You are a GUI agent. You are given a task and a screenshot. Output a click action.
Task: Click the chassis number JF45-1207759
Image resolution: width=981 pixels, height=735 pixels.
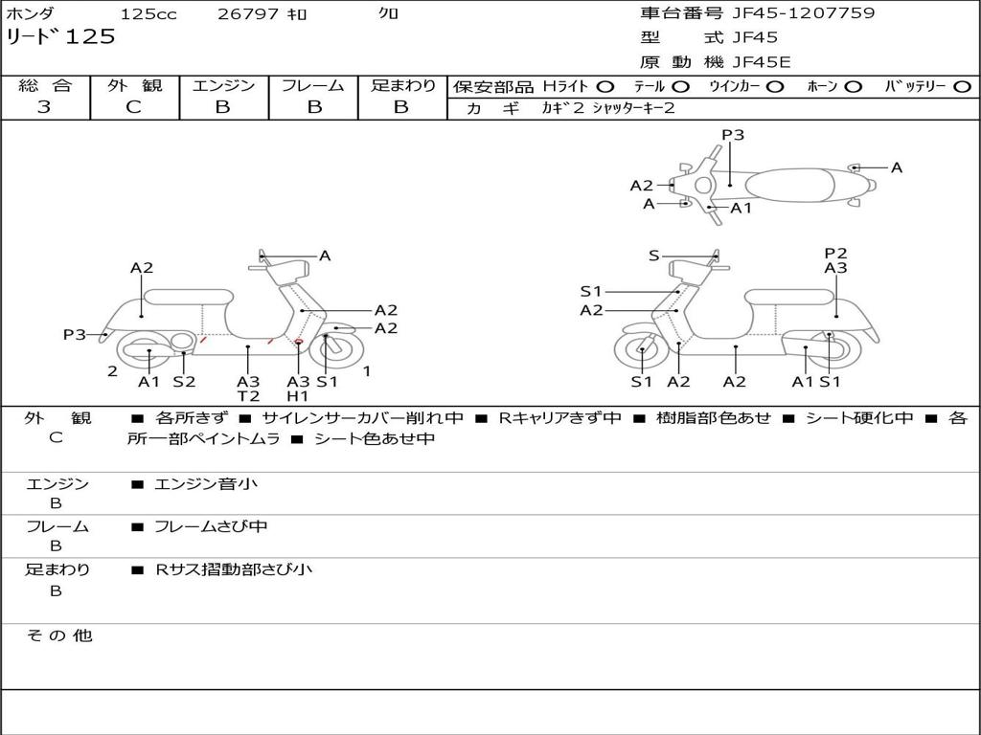pos(804,13)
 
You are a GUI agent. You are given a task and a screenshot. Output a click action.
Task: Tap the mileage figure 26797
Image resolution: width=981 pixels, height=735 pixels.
pos(248,13)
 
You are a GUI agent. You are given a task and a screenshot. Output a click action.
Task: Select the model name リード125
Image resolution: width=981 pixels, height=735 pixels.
pos(60,36)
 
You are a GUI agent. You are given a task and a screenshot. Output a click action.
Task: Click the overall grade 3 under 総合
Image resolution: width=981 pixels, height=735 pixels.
pos(44,107)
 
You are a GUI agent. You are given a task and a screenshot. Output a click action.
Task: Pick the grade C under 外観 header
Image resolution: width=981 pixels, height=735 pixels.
pos(133,107)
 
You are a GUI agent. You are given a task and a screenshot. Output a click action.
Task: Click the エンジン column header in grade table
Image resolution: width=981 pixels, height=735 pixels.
pos(223,85)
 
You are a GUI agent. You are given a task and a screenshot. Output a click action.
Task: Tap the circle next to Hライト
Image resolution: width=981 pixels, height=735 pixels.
pos(605,87)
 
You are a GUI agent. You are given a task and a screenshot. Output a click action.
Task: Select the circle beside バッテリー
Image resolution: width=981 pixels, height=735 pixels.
pos(962,87)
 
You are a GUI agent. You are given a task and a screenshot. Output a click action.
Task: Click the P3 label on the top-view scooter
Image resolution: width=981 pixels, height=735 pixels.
pos(733,134)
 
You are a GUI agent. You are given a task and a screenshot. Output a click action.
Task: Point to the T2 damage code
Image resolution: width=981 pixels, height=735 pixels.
pos(248,395)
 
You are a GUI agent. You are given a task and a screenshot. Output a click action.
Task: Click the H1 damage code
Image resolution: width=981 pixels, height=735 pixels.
pos(298,395)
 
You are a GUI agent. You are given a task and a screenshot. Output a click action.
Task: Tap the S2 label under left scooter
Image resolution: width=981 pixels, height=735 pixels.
pos(184,381)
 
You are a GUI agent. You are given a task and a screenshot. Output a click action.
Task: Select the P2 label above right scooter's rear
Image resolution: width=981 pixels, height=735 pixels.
pos(835,253)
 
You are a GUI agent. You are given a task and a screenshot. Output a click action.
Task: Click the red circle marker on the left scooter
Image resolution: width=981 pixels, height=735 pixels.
pos(299,342)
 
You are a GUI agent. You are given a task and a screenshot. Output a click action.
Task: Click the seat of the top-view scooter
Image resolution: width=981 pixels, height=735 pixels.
pos(789,186)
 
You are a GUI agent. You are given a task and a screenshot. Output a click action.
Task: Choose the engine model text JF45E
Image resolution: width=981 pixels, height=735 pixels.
pos(762,62)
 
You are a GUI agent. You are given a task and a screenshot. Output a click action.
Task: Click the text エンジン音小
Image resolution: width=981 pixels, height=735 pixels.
pos(206,483)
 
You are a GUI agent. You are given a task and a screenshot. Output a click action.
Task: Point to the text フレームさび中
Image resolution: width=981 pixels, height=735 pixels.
pos(211,526)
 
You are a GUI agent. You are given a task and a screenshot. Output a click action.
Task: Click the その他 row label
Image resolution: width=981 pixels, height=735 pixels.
pos(59,635)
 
